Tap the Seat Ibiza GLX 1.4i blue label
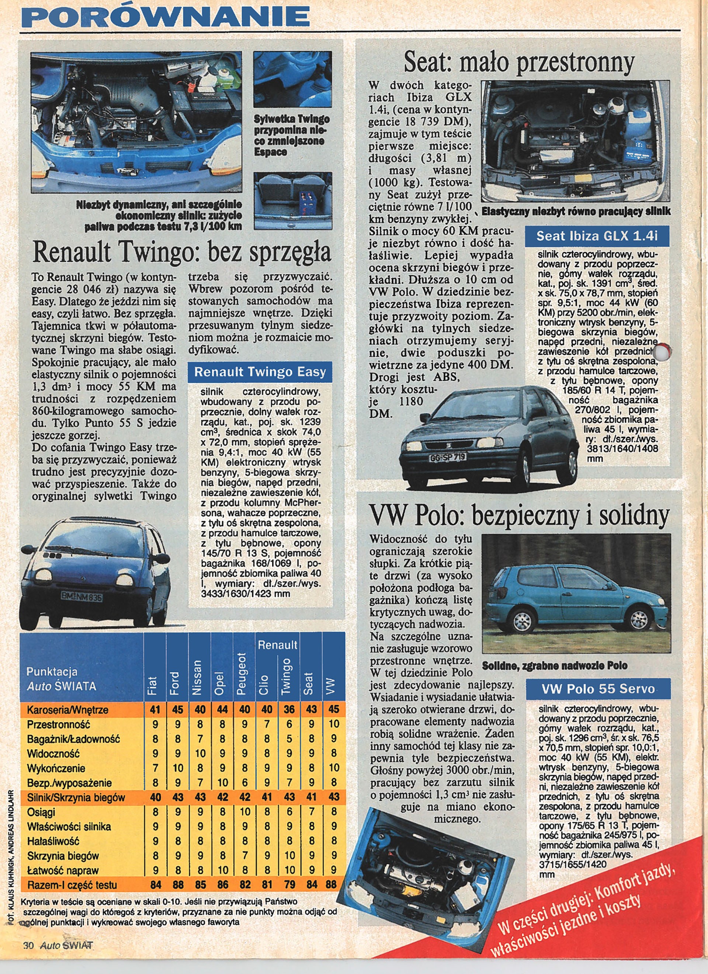tap(597, 236)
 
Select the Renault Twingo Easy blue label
tap(260, 372)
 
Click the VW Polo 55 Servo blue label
tap(598, 689)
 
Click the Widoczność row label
tap(50, 754)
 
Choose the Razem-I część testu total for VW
tap(333, 885)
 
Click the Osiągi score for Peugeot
tap(244, 812)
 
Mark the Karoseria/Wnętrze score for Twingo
tap(289, 709)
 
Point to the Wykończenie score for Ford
tap(177, 768)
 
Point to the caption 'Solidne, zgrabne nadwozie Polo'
tap(554, 666)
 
